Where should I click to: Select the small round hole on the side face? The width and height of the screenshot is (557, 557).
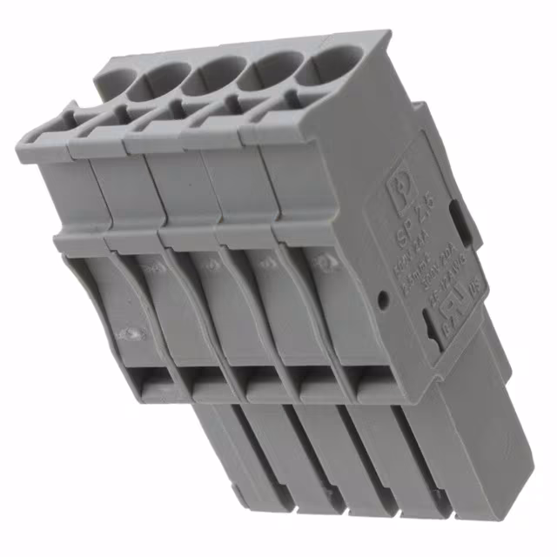[383, 301]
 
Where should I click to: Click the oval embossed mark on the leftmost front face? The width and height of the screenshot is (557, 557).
[131, 333]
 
